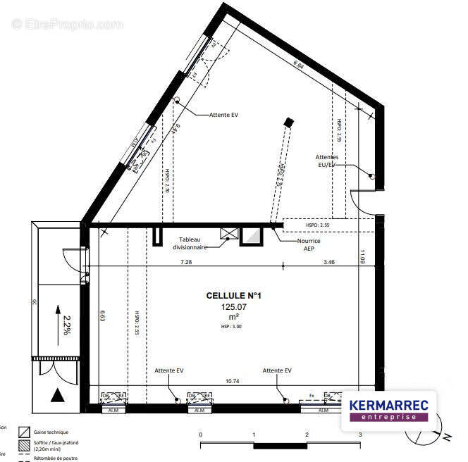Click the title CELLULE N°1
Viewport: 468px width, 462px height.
(x=233, y=296)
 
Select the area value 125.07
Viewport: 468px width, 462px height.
(x=233, y=307)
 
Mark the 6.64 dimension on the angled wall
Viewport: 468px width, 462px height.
(x=299, y=65)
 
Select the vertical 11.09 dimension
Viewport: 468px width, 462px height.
(x=363, y=258)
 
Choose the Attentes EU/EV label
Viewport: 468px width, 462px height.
(x=327, y=161)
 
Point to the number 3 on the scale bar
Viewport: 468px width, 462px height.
(x=359, y=435)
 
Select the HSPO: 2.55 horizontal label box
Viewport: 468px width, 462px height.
(x=317, y=225)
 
